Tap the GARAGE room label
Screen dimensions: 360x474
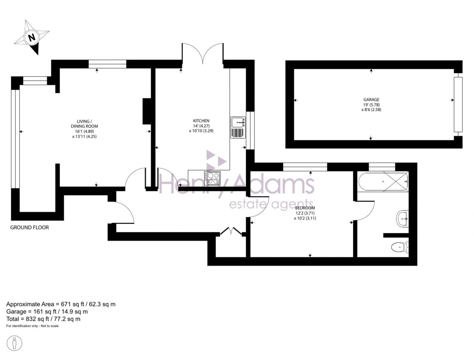371,99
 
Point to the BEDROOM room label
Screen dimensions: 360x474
304,208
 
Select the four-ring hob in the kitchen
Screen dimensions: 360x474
214,178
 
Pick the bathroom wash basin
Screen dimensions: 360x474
402,218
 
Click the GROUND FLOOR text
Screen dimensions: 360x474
30,228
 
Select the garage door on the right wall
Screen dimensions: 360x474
458,105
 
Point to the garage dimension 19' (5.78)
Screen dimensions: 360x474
371,105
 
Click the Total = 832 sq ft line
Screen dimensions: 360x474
44,319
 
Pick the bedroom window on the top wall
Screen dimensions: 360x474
305,166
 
